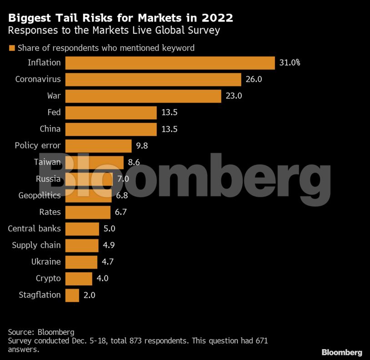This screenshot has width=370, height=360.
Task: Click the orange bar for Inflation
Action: (x=170, y=63)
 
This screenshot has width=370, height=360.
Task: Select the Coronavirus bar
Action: (x=153, y=79)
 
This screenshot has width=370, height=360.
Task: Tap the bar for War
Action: (x=143, y=96)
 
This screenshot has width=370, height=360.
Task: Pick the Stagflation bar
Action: (x=72, y=295)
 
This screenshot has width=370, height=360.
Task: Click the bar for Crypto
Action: (x=79, y=279)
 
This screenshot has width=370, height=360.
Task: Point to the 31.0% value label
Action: (x=290, y=63)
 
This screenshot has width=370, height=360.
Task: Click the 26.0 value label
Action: (x=255, y=79)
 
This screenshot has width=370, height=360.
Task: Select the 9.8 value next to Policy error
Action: (x=142, y=146)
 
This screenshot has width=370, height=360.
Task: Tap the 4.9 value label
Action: (x=109, y=245)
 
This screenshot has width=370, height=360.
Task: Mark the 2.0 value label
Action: (x=89, y=295)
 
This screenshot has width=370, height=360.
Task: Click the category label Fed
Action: (x=54, y=112)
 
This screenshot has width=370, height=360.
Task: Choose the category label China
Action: (x=50, y=129)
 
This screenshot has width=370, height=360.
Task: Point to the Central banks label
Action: (x=34, y=228)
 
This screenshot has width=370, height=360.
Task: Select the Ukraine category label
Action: (x=46, y=262)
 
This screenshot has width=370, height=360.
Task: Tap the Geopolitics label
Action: (x=39, y=195)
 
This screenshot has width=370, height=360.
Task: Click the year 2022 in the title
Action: (x=217, y=18)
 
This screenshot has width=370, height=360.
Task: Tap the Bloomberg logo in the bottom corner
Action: (x=342, y=352)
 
